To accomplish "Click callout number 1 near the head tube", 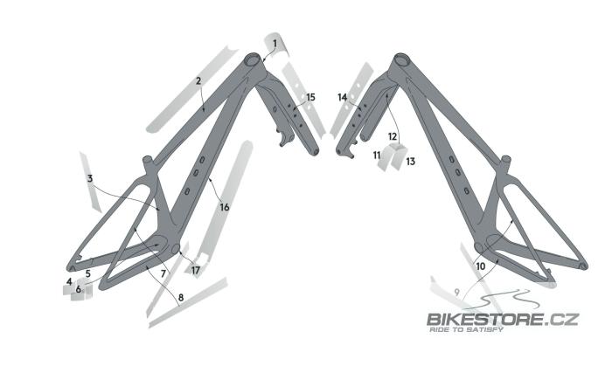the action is [x=275, y=44].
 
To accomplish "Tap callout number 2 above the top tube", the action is [x=198, y=81].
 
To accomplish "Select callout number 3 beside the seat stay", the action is [x=90, y=179].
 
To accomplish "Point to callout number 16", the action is [x=225, y=207].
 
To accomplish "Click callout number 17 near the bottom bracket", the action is [x=196, y=270].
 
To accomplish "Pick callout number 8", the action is [x=181, y=298].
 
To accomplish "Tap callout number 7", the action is [x=163, y=274].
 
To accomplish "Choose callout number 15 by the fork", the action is [x=310, y=97].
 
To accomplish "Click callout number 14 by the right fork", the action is [x=343, y=98].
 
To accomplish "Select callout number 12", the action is [x=393, y=136].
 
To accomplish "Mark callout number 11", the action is [x=377, y=155].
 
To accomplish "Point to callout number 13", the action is [x=411, y=162].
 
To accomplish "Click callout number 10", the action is [x=481, y=266].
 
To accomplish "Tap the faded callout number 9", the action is [x=457, y=292].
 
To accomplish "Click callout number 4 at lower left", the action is [x=69, y=281].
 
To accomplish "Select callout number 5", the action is [x=88, y=273].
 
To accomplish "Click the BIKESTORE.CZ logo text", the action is [x=503, y=320].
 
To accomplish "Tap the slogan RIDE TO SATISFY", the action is [x=466, y=330].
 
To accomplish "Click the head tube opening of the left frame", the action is [x=252, y=60].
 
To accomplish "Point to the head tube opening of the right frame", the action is [x=401, y=59].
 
